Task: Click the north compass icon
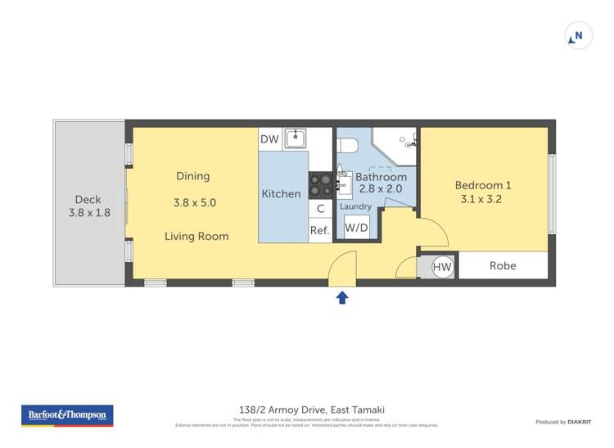[578, 36]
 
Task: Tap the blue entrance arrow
[342, 297]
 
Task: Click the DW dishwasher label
[269, 139]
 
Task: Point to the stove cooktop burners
[319, 183]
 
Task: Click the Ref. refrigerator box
[319, 231]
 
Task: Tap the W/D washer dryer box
[356, 229]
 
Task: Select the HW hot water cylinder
[442, 266]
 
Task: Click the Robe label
[502, 265]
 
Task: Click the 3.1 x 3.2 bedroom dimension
[481, 199]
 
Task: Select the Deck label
[88, 199]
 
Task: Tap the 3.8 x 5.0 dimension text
[194, 201]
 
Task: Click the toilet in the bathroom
[347, 146]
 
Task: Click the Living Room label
[196, 237]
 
